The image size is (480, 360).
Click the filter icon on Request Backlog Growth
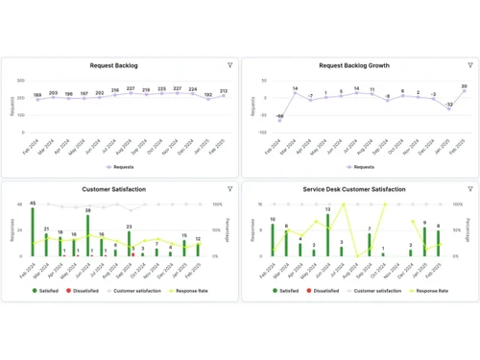(x=470, y=65)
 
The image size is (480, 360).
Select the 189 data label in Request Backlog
(x=36, y=96)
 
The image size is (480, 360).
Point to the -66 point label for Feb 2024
(x=278, y=116)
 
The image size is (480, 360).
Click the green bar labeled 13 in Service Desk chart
(x=327, y=235)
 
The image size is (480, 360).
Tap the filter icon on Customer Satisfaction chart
(x=230, y=189)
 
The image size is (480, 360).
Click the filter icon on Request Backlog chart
(x=230, y=65)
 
